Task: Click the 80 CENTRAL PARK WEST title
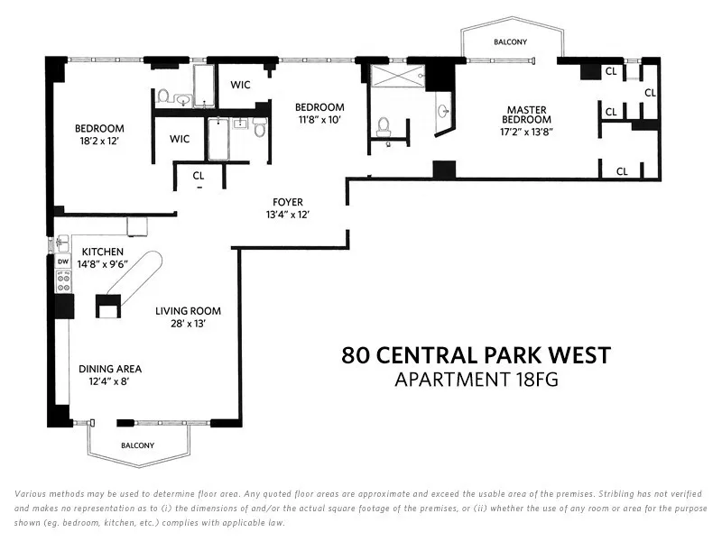point(477,355)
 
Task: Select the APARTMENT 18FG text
point(477,380)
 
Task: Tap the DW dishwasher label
point(63,262)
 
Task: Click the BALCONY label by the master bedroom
point(510,42)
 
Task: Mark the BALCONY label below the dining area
point(138,445)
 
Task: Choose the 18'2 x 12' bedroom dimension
point(99,142)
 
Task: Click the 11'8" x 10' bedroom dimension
point(322,119)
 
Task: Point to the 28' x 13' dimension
point(188,324)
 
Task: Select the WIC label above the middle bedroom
point(240,86)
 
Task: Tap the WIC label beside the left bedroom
point(180,139)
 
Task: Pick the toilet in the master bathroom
point(383,125)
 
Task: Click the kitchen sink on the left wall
point(61,243)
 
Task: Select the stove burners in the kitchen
point(63,281)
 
